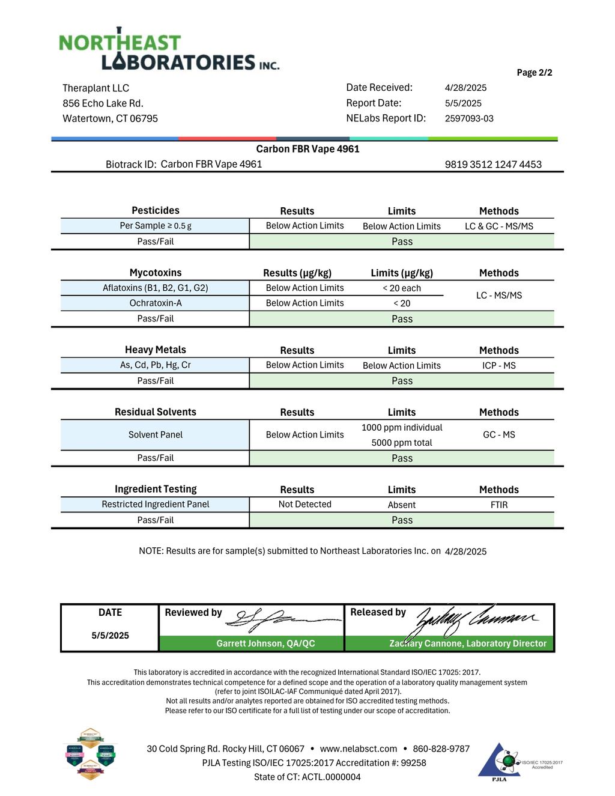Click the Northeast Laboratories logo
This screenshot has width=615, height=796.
(x=169, y=50)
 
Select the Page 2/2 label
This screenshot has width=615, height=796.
(x=534, y=73)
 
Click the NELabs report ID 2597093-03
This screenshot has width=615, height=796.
(x=469, y=118)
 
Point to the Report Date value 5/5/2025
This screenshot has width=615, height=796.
(x=463, y=103)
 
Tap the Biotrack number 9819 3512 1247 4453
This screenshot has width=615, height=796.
(x=493, y=165)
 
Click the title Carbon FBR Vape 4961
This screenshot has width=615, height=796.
(x=307, y=149)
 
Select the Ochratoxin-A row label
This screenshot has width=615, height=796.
(x=156, y=303)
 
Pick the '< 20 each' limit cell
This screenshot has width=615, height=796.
(x=402, y=288)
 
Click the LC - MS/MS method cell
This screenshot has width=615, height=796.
(x=498, y=296)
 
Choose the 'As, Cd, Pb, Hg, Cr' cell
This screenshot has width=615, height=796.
(x=156, y=365)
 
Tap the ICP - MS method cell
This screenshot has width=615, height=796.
(x=498, y=365)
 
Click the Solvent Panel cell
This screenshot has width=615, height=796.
(x=156, y=435)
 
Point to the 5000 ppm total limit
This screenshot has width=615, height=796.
(x=402, y=443)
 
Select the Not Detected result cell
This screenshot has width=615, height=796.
(x=304, y=505)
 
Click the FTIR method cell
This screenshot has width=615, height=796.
(x=498, y=505)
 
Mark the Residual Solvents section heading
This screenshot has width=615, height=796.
(x=156, y=412)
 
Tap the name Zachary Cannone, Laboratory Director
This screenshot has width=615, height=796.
(x=468, y=643)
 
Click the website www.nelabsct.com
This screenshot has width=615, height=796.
(x=359, y=749)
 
